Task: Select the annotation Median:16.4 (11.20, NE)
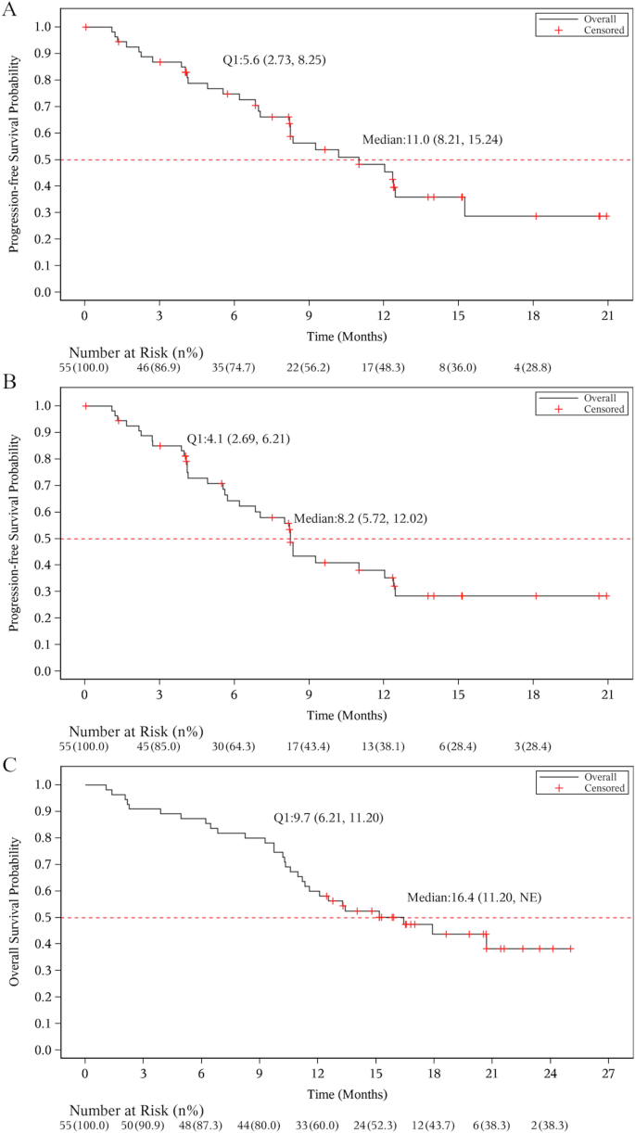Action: (x=474, y=897)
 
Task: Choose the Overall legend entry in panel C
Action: (x=599, y=776)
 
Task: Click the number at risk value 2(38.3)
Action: (x=552, y=1125)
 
